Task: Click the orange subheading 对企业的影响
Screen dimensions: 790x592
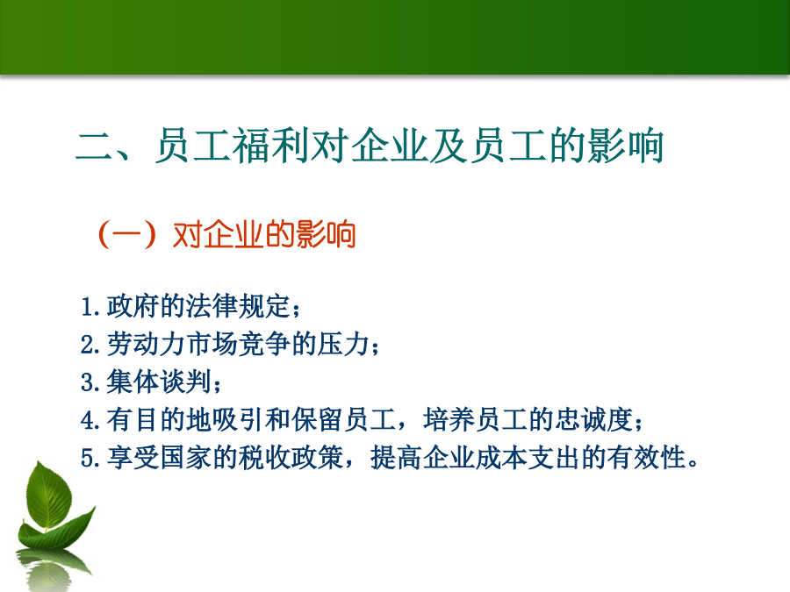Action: (x=264, y=234)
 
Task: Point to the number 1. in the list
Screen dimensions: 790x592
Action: (x=90, y=307)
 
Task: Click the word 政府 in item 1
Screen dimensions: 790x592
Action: (x=133, y=306)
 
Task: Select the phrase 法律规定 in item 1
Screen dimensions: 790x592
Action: (x=238, y=306)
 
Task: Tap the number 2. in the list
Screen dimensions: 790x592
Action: (x=90, y=345)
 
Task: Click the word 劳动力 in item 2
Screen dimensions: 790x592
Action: (x=146, y=345)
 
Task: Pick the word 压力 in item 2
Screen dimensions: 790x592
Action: (x=343, y=345)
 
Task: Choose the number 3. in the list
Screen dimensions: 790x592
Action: (x=90, y=382)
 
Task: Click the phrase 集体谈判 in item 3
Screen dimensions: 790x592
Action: (x=159, y=382)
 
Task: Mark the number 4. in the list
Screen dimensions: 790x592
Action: (x=90, y=420)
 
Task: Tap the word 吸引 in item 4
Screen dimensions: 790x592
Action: (x=238, y=420)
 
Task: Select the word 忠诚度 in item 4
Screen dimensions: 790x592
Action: (x=594, y=420)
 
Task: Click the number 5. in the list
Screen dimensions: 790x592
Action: (x=90, y=459)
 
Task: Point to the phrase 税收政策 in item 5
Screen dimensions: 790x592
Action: (x=291, y=458)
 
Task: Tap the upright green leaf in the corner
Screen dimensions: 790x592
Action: (x=49, y=496)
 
